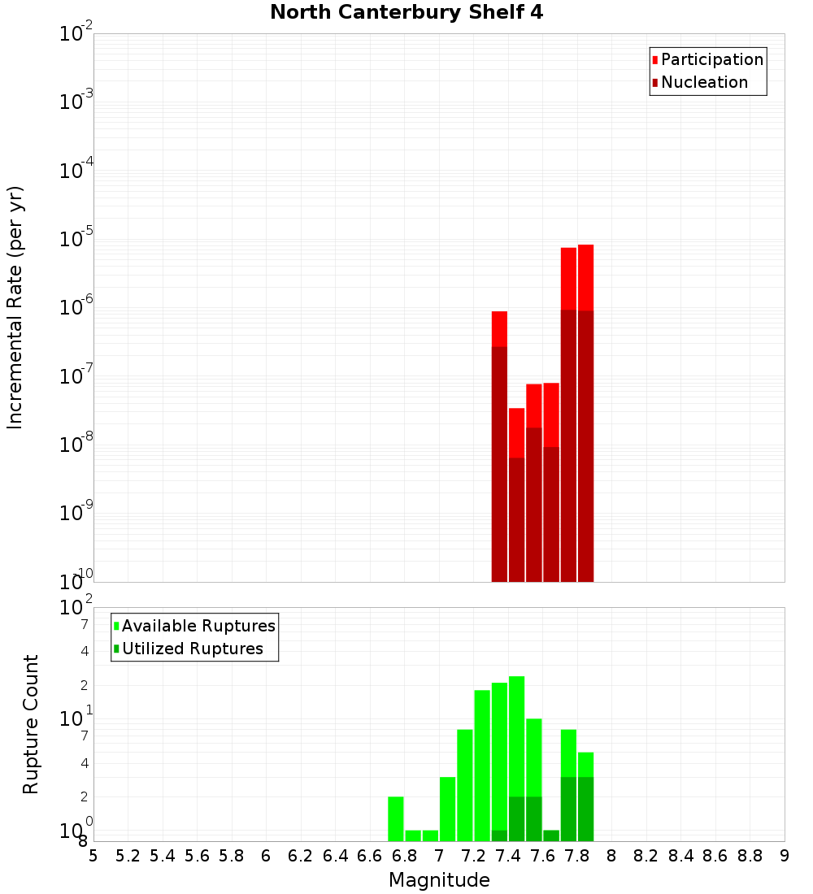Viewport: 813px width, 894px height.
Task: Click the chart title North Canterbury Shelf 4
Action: [406, 13]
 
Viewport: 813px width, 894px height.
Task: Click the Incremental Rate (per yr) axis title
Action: [15, 307]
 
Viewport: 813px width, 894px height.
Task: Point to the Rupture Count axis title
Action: [31, 723]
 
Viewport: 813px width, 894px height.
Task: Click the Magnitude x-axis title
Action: [439, 880]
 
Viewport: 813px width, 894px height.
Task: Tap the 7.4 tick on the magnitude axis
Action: [508, 856]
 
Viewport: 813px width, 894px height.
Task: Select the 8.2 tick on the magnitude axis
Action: [646, 856]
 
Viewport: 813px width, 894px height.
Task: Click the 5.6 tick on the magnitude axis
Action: [197, 856]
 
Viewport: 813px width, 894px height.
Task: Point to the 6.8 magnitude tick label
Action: [404, 856]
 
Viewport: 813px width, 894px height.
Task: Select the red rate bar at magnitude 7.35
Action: [499, 446]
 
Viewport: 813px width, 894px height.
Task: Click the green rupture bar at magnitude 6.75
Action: [396, 818]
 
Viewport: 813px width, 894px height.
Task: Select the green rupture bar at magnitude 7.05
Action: [447, 809]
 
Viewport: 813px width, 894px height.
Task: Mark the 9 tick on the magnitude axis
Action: [785, 856]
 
